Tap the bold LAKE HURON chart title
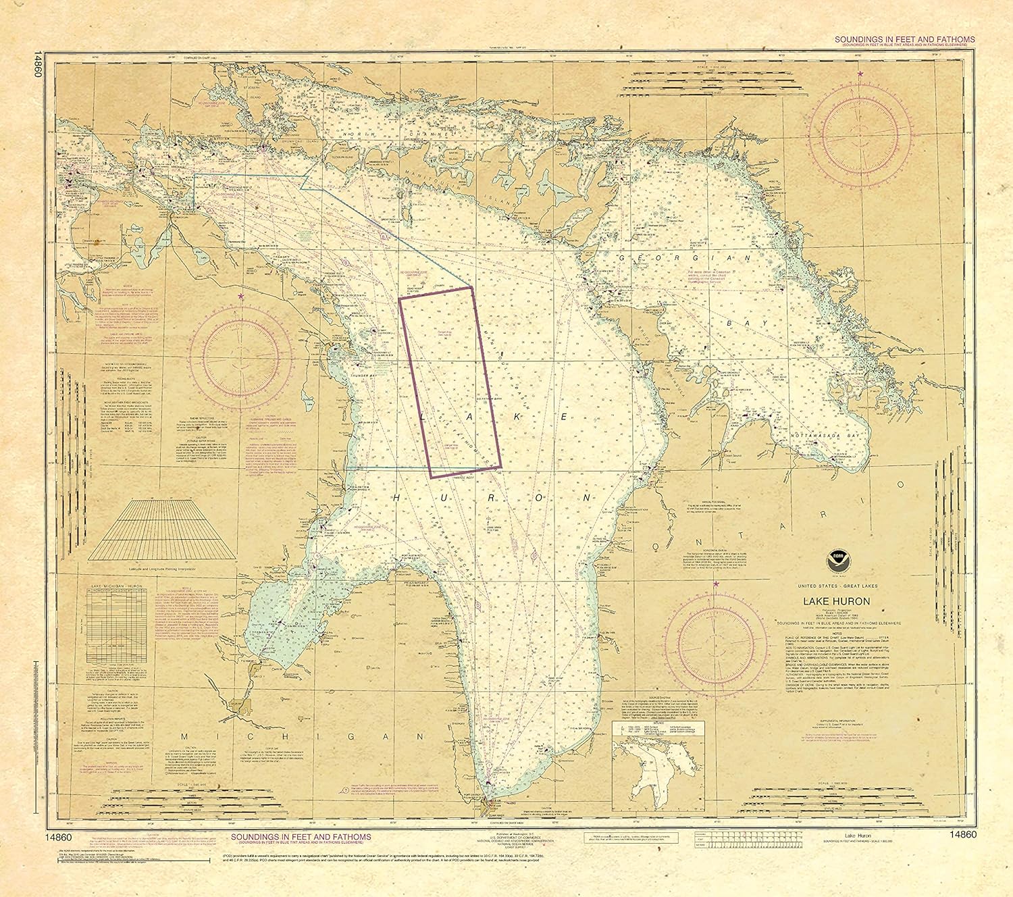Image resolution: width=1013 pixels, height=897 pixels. [836, 601]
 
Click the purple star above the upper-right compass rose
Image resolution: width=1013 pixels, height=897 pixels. [860, 72]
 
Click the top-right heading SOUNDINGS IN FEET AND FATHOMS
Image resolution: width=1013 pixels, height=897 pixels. [904, 40]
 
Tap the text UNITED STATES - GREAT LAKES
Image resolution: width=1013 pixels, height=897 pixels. [836, 586]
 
